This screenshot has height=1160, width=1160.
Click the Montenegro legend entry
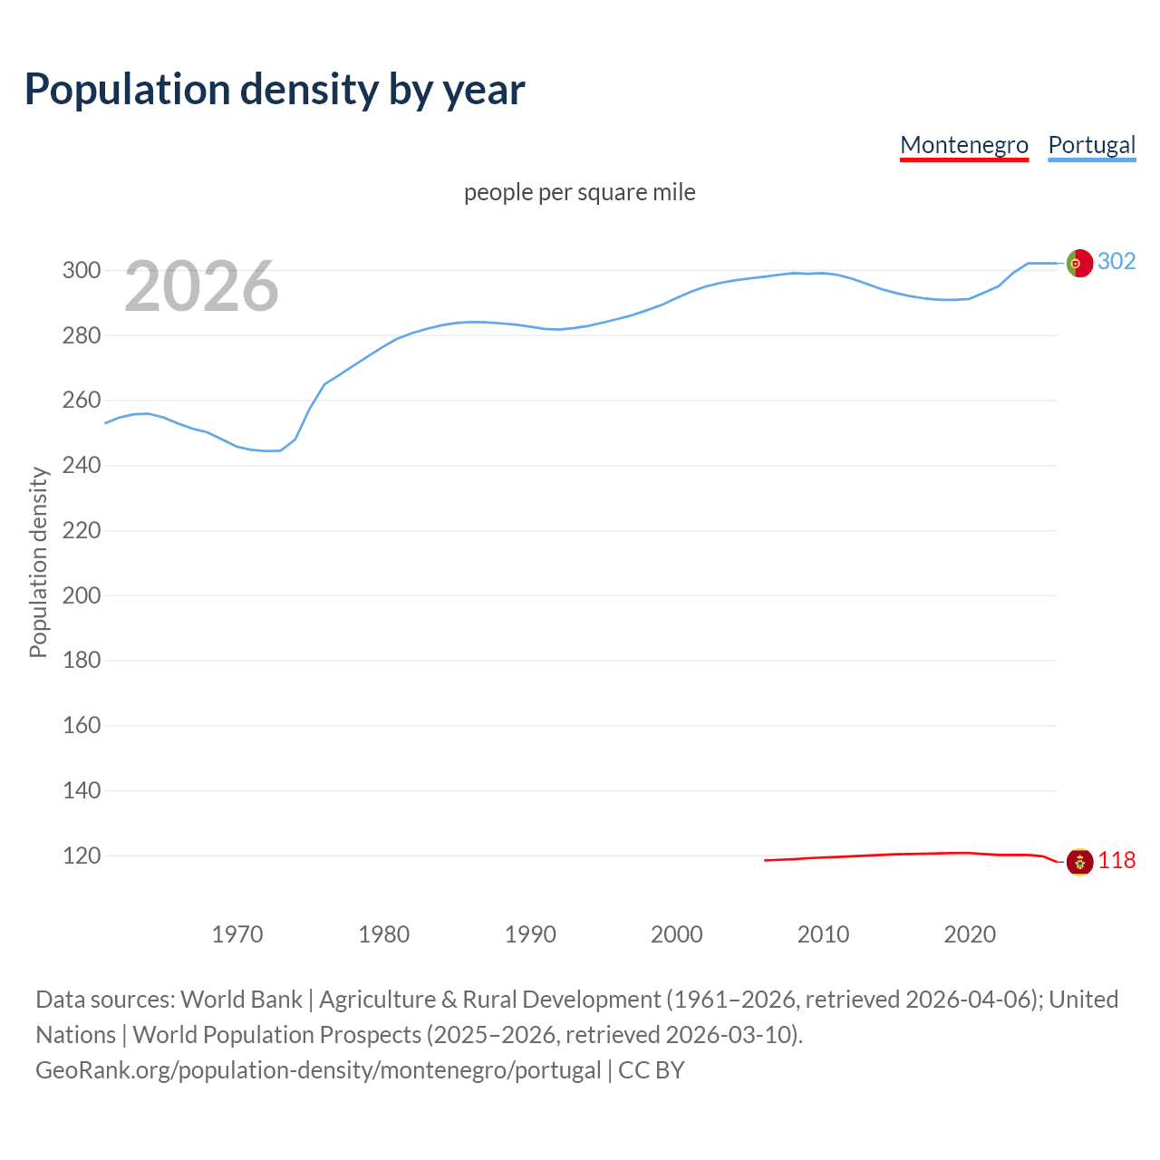(963, 145)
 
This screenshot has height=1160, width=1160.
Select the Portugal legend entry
(1091, 145)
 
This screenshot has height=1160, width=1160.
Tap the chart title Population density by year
(275, 90)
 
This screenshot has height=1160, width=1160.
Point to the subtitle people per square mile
(579, 192)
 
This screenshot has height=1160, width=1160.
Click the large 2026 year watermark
(201, 286)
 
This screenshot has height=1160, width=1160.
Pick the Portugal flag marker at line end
(1078, 263)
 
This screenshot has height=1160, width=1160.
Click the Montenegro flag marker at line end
(1078, 861)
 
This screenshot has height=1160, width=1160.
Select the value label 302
(1116, 261)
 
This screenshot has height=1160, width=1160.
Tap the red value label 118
(1116, 860)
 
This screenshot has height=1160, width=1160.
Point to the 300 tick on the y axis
(81, 270)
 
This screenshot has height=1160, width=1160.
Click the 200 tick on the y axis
(81, 595)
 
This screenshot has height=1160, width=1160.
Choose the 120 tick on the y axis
(81, 855)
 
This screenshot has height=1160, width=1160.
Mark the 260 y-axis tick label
(81, 401)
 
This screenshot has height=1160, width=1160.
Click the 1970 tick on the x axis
(237, 933)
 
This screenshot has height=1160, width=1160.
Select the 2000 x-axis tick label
(676, 933)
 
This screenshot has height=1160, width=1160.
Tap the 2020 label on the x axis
(970, 933)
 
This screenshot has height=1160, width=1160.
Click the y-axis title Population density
(38, 562)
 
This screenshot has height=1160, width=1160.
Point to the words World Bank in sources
(241, 1000)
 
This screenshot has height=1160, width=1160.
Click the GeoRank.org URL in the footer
(318, 1070)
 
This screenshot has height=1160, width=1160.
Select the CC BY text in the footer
(651, 1070)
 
